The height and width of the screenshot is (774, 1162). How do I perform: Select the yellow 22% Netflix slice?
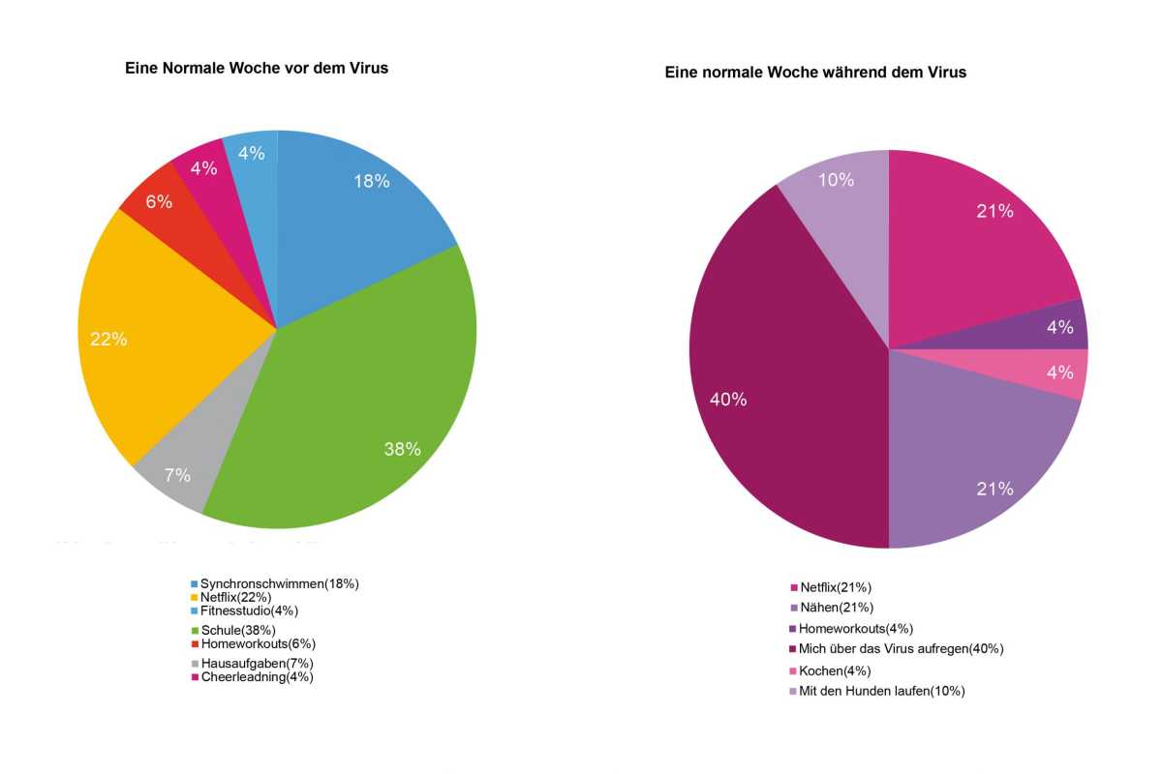[x=165, y=329]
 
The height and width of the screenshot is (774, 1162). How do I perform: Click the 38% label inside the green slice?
[x=401, y=449]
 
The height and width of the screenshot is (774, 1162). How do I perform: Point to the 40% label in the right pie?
[x=727, y=400]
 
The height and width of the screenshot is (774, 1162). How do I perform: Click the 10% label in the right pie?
[x=836, y=180]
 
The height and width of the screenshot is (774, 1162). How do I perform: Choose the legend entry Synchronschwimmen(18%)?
[x=279, y=583]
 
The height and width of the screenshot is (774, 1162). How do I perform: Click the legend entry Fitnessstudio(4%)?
[x=249, y=610]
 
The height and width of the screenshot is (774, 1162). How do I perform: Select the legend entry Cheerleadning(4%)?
[x=257, y=677]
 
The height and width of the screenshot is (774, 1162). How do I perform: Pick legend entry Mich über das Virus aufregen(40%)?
[x=901, y=648]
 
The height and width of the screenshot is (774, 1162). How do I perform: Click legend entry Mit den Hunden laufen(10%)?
[x=881, y=691]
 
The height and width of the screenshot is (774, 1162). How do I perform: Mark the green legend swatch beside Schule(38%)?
[x=194, y=631]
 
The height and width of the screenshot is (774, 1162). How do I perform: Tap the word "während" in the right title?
[x=864, y=73]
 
